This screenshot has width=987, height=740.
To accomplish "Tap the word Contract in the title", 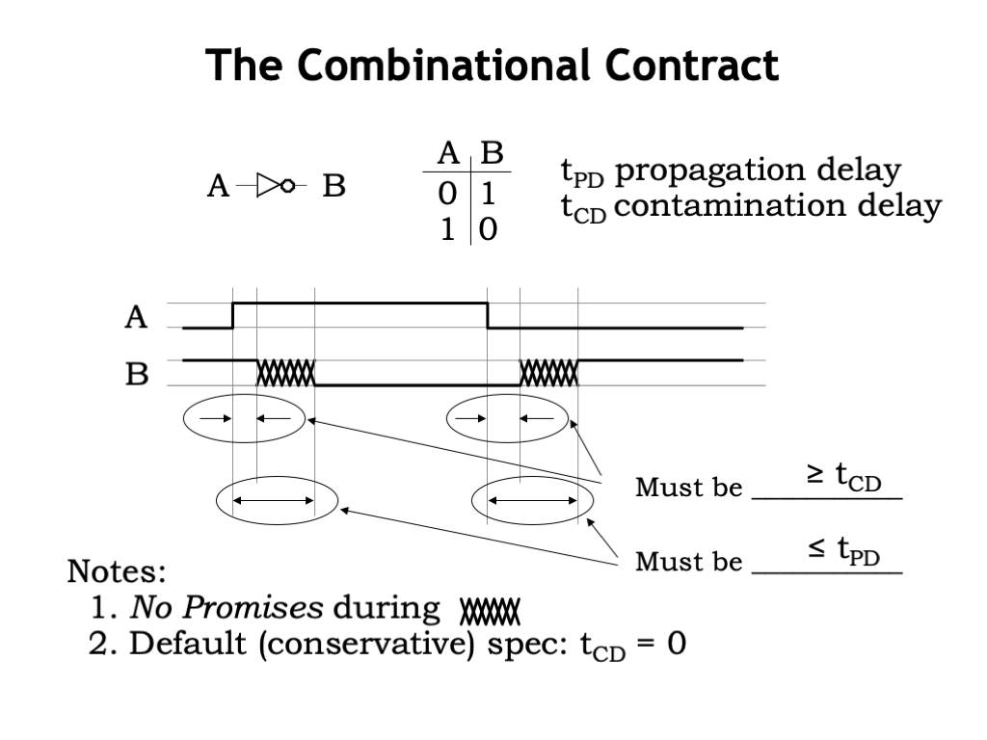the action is [x=692, y=65].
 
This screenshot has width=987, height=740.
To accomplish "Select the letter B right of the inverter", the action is [x=333, y=186].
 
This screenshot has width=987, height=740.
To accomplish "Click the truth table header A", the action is [x=448, y=153].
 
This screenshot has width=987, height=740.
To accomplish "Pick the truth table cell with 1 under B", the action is [x=488, y=194].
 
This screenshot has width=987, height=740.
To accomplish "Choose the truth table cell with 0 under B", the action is [x=488, y=229].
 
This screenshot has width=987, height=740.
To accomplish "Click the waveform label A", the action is [x=136, y=316].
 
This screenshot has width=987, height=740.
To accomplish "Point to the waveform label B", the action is [x=137, y=374].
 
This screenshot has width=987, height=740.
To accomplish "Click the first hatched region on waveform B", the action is [x=285, y=373].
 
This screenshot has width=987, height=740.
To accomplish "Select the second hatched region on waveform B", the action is [x=548, y=373].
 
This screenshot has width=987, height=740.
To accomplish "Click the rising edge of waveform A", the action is [x=233, y=315].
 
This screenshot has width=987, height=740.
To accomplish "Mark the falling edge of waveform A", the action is [x=488, y=315].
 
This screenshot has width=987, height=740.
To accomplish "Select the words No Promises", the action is [x=227, y=608].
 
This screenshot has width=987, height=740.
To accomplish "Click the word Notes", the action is [x=117, y=571].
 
